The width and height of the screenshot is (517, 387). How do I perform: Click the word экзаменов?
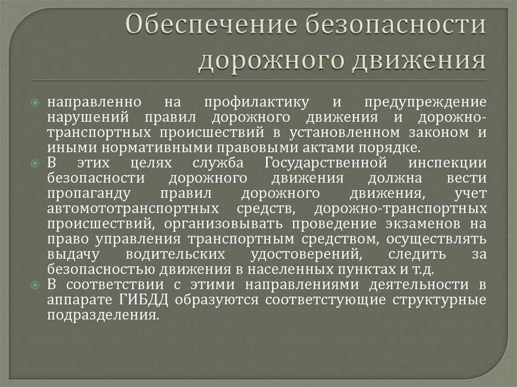(407, 224)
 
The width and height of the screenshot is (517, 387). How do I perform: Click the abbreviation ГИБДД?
(142, 300)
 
